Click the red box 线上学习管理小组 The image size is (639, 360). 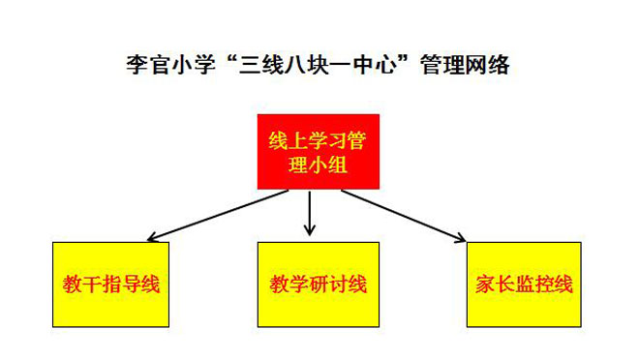pyautogui.click(x=319, y=152)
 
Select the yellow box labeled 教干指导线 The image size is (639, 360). pyautogui.click(x=110, y=285)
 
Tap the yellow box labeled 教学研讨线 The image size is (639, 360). pyautogui.click(x=319, y=285)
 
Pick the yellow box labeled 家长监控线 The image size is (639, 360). pyautogui.click(x=524, y=285)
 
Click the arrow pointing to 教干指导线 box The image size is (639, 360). pyautogui.click(x=218, y=216)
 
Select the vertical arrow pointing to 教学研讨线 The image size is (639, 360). pyautogui.click(x=310, y=214)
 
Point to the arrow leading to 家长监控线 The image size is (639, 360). pyautogui.click(x=404, y=216)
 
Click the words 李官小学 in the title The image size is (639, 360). pyautogui.click(x=170, y=65)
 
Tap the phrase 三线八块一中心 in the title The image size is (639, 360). pyautogui.click(x=318, y=65)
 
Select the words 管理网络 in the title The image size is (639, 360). pyautogui.click(x=465, y=65)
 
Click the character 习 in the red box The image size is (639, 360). pyautogui.click(x=338, y=140)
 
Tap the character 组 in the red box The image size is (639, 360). pyautogui.click(x=338, y=165)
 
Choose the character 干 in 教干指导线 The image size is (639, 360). pyautogui.click(x=92, y=284)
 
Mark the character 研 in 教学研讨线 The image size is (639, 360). pyautogui.click(x=319, y=284)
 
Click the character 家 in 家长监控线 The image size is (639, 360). pyautogui.click(x=485, y=284)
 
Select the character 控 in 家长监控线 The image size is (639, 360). pyautogui.click(x=544, y=284)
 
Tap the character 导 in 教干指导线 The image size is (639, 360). pyautogui.click(x=131, y=284)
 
